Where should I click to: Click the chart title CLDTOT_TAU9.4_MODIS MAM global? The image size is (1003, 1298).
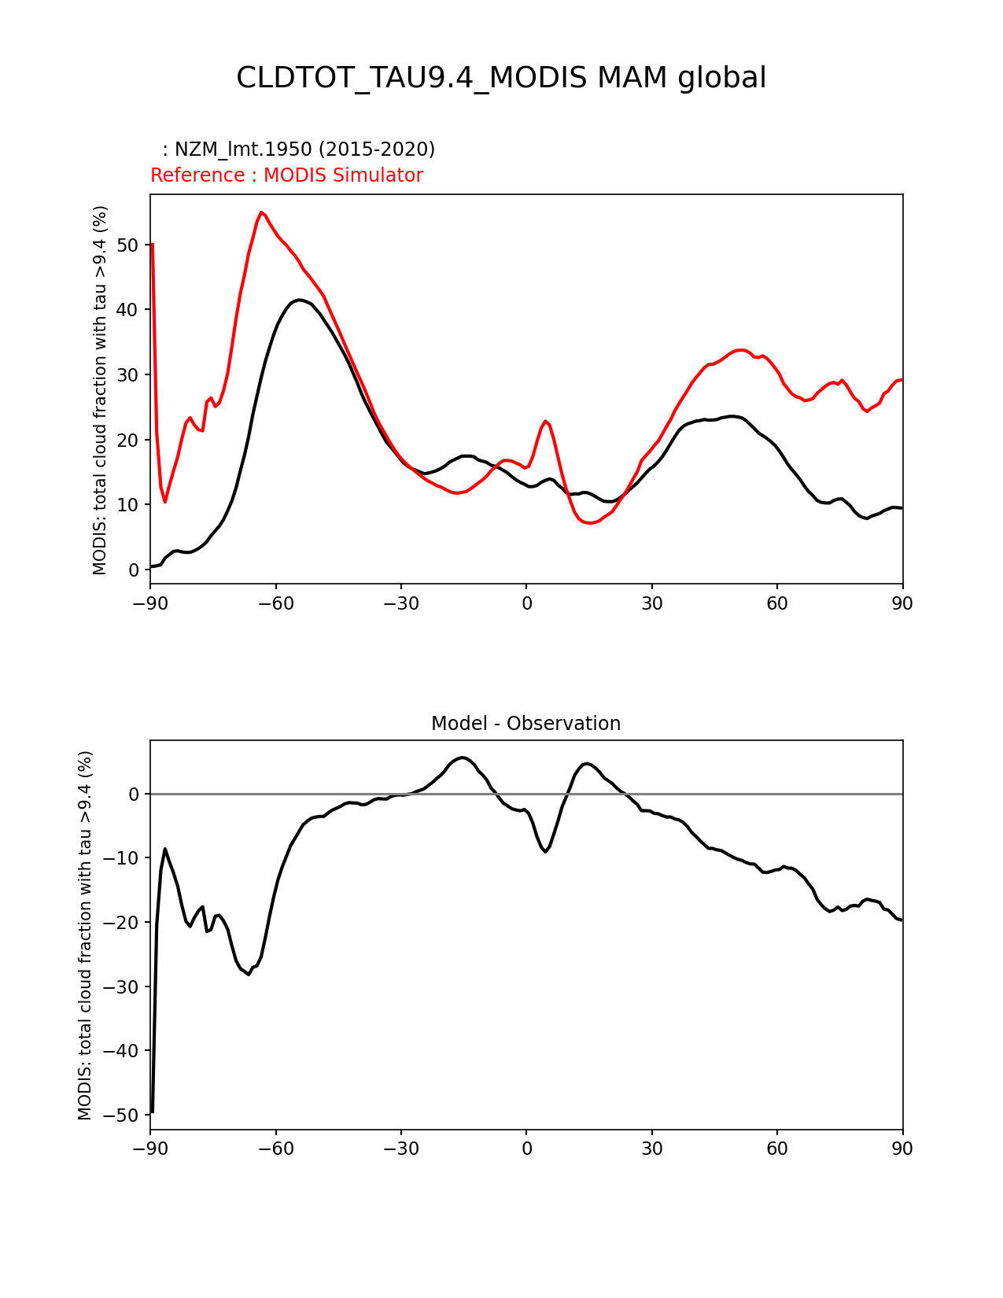[501, 78]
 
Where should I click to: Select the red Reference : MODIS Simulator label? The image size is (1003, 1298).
[286, 175]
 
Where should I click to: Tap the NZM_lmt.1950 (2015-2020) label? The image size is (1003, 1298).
[299, 149]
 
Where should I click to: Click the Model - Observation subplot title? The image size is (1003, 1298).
[525, 724]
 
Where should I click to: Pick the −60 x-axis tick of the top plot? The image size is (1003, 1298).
[275, 603]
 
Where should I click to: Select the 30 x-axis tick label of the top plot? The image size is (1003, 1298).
[651, 603]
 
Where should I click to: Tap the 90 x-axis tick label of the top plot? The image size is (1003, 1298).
[902, 603]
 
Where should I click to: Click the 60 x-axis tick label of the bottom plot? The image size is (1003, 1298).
[777, 1149]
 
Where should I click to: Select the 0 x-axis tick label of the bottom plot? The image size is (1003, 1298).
[526, 1149]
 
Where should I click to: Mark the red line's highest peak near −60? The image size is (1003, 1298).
[261, 212]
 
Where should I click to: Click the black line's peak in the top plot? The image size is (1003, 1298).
[300, 300]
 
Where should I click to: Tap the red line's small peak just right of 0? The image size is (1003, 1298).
[545, 421]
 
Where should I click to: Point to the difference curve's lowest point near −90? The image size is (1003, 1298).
[152, 1112]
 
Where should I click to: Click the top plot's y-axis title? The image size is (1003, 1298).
[100, 389]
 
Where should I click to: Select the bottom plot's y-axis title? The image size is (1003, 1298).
[85, 935]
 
